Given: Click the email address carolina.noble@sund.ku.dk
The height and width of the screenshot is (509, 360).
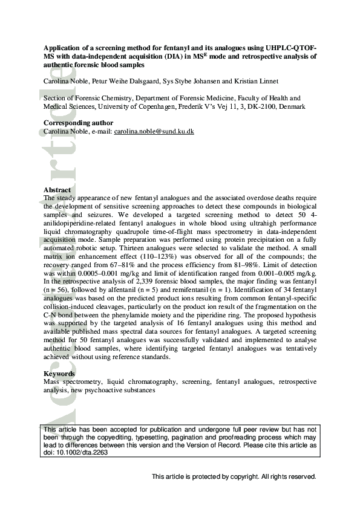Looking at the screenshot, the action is [x=154, y=131].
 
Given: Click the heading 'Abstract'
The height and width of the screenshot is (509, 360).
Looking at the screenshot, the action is [x=57, y=190].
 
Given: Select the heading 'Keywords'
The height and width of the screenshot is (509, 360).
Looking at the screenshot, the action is [x=59, y=374].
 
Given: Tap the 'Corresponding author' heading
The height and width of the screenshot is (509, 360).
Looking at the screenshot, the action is [x=78, y=123].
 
